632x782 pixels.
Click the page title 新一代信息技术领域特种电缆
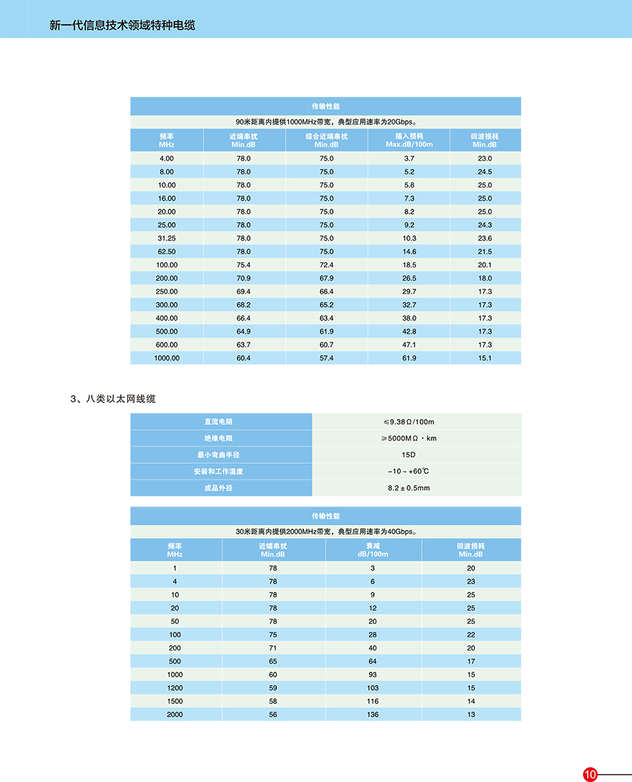point(122,25)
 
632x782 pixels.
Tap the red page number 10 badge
point(591,774)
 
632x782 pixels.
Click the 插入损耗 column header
point(409,140)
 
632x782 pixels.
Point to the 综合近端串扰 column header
point(326,140)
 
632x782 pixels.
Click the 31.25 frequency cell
point(166,238)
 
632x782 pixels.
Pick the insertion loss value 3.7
point(409,159)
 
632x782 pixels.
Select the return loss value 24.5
point(484,172)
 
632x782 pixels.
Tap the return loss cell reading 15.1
point(484,358)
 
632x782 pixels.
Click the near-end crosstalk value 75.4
point(243,265)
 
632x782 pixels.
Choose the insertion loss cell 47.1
point(409,345)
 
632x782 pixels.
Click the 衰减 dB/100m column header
point(373,550)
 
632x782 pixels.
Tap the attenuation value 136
point(373,714)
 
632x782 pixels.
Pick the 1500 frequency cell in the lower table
point(175,701)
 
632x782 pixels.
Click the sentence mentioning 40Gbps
point(326,531)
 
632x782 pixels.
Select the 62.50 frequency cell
point(166,251)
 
